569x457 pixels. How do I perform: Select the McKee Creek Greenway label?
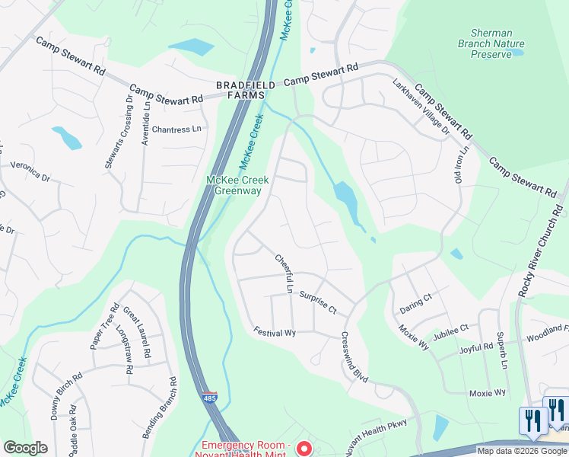click(234, 185)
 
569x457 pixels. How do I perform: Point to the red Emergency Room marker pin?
click(304, 449)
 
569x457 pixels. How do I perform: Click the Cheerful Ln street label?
click(284, 273)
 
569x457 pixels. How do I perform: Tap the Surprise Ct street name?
click(318, 302)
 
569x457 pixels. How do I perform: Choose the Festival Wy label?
click(275, 333)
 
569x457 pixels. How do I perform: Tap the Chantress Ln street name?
click(180, 129)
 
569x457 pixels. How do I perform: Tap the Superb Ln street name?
click(502, 350)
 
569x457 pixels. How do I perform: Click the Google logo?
click(25, 448)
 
